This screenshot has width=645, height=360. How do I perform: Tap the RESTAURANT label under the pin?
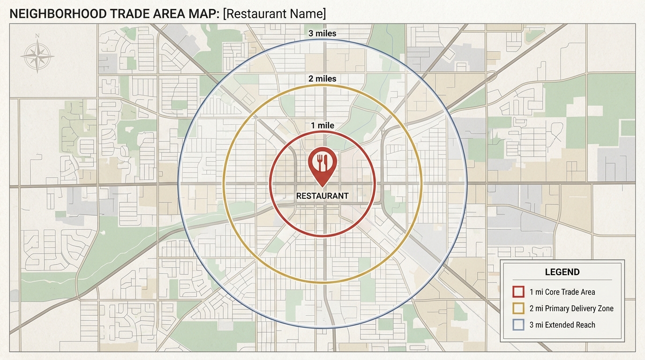[x=322, y=196]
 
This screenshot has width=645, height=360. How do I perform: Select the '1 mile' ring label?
[x=322, y=126]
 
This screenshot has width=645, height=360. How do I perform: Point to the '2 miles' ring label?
[x=322, y=79]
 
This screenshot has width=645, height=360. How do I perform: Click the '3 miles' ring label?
[x=322, y=34]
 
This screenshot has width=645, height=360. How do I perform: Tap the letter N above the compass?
[x=37, y=36]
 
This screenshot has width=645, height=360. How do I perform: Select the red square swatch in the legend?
[x=518, y=292]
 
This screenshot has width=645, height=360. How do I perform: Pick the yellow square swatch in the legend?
[x=518, y=308]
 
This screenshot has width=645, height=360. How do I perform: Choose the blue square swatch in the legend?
[x=518, y=325]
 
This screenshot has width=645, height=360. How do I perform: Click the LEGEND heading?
[x=562, y=272]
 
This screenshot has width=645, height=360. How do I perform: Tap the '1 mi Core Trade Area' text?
[x=562, y=292]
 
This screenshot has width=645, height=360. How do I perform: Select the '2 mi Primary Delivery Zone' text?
[x=571, y=308]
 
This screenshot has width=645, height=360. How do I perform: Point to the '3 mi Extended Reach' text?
[x=562, y=325]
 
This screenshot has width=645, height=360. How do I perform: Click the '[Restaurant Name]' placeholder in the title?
[x=275, y=14]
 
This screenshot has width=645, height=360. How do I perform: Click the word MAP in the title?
[x=202, y=14]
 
